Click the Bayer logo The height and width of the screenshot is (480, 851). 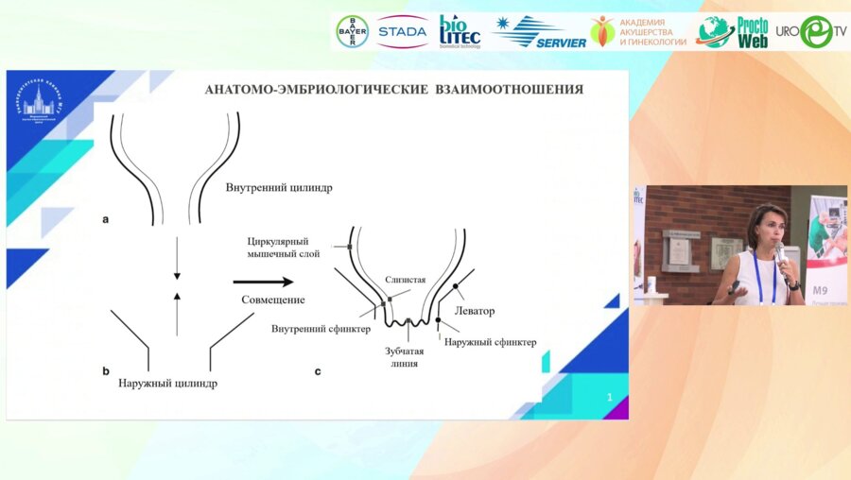(x=352, y=32)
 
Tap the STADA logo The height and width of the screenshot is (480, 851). (x=401, y=32)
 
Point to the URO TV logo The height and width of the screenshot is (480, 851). (x=812, y=31)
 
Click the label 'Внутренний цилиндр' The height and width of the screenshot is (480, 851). (x=279, y=187)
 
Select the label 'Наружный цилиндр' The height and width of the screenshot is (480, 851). (x=168, y=385)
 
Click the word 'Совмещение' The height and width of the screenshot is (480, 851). (x=272, y=300)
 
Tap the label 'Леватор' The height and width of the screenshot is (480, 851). (x=475, y=311)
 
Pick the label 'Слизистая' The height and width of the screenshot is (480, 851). (x=405, y=281)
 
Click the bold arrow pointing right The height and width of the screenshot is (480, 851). (x=263, y=281)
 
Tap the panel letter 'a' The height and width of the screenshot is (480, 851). (x=106, y=219)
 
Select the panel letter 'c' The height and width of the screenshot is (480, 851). (x=318, y=371)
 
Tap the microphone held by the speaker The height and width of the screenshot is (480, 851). (x=779, y=253)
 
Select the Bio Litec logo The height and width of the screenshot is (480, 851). (x=460, y=31)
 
